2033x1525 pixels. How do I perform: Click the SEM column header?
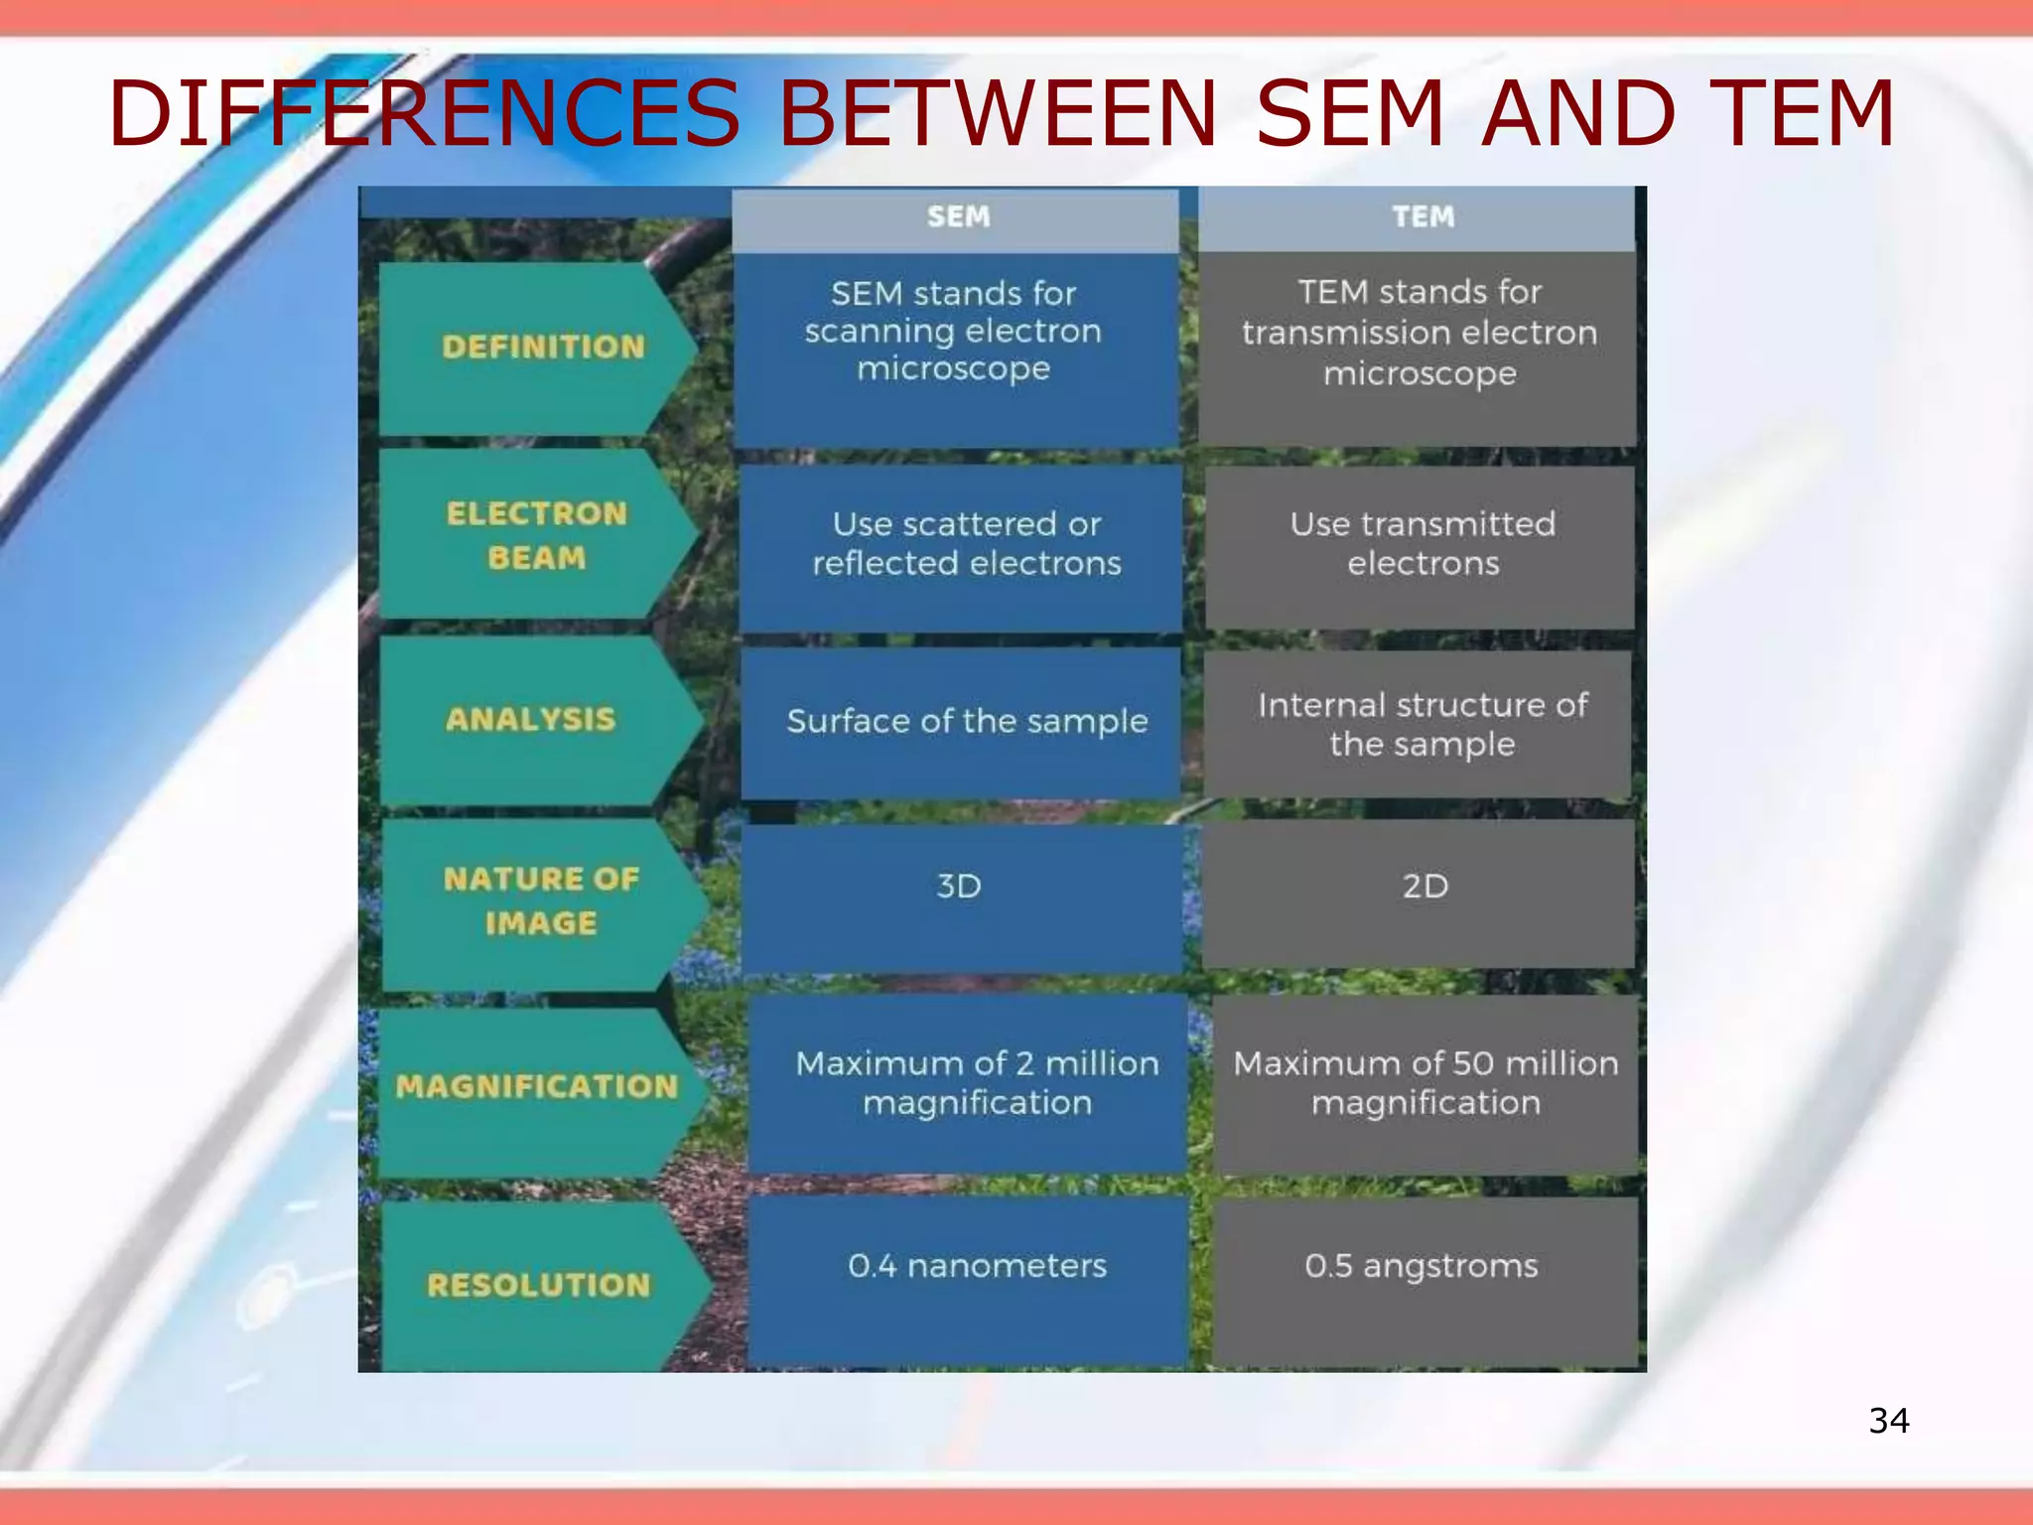coord(957,216)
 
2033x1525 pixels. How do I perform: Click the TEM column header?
coord(1422,216)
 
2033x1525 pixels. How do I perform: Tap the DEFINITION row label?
coord(542,347)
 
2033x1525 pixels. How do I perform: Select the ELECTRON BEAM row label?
coord(536,535)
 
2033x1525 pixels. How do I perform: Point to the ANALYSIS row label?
coord(531,719)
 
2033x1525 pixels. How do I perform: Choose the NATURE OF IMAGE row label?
coord(541,901)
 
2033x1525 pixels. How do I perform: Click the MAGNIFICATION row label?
coord(537,1086)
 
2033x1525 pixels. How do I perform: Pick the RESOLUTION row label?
coord(539,1285)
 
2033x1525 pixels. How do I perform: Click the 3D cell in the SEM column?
coord(959,886)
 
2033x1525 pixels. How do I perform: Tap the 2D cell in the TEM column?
coord(1424,886)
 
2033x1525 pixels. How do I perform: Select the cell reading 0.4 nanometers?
coord(977,1266)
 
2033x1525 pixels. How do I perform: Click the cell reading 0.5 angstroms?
coord(1422,1266)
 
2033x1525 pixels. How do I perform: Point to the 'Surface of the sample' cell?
coord(966,721)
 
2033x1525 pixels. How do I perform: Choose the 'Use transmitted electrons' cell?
coord(1423,543)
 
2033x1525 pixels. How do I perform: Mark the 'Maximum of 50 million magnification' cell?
coord(1425,1082)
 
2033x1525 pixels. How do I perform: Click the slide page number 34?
coord(1888,1421)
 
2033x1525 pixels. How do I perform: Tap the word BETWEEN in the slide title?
coord(997,113)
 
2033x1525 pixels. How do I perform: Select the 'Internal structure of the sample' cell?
coord(1422,724)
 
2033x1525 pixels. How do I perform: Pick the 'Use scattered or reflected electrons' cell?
coord(966,543)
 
